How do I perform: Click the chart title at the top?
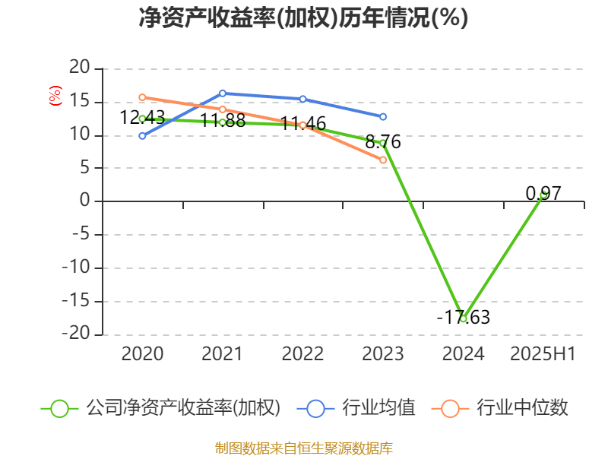pos(303,18)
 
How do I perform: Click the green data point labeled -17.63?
pos(463,318)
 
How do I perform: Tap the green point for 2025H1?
pos(543,195)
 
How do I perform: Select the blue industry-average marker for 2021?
pos(223,93)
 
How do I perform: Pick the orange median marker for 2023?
pos(383,160)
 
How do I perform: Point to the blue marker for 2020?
pos(142,135)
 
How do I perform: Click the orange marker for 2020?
pos(142,97)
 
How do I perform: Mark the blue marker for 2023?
pos(383,116)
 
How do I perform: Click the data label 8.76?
pos(383,142)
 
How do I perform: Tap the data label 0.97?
pos(543,194)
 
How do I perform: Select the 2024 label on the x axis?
pos(463,354)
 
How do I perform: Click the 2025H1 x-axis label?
pos(543,354)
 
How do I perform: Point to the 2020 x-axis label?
pos(142,354)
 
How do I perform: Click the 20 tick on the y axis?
pos(80,68)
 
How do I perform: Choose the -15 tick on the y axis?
pos(77,301)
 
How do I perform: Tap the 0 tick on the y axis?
pos(85,201)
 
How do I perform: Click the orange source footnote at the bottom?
pos(304,448)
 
